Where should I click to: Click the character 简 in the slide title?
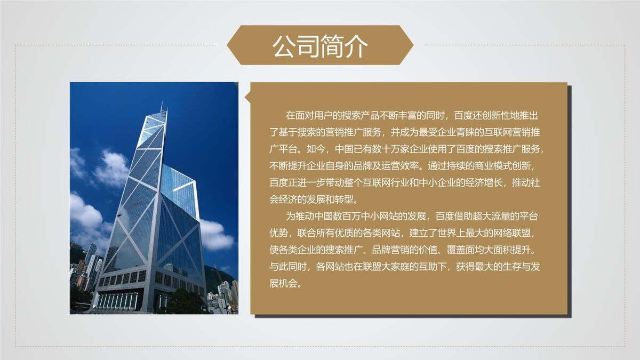pyautogui.click(x=332, y=46)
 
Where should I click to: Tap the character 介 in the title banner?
pyautogui.click(x=356, y=46)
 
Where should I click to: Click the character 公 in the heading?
pyautogui.click(x=284, y=46)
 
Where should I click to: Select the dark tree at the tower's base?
pyautogui.click(x=184, y=302)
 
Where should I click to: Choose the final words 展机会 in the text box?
pyautogui.click(x=285, y=283)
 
